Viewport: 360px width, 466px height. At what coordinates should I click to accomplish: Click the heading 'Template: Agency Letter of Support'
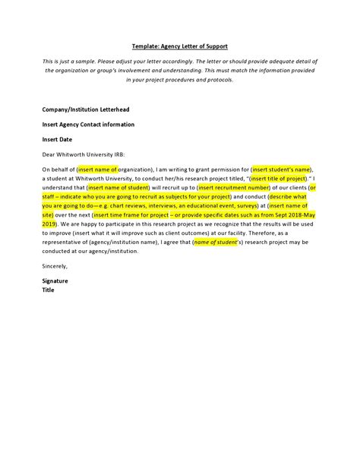181,45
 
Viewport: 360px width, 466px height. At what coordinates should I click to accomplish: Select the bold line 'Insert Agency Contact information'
88,124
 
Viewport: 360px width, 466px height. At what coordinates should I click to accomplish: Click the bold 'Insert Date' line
58,139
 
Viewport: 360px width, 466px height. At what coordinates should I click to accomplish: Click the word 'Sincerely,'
55,265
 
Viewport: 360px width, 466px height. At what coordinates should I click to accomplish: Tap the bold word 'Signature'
55,281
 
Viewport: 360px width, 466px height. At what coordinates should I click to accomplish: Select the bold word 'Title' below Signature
49,290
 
